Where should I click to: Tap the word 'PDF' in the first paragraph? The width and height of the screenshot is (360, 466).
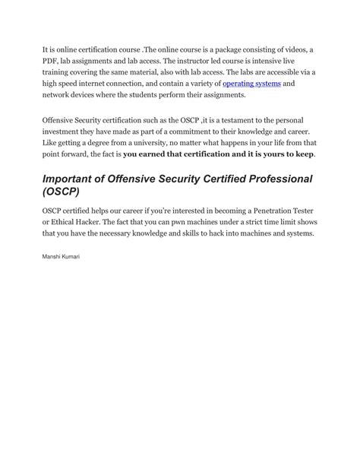tap(50, 60)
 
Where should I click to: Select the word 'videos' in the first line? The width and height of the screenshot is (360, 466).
tap(292, 49)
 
